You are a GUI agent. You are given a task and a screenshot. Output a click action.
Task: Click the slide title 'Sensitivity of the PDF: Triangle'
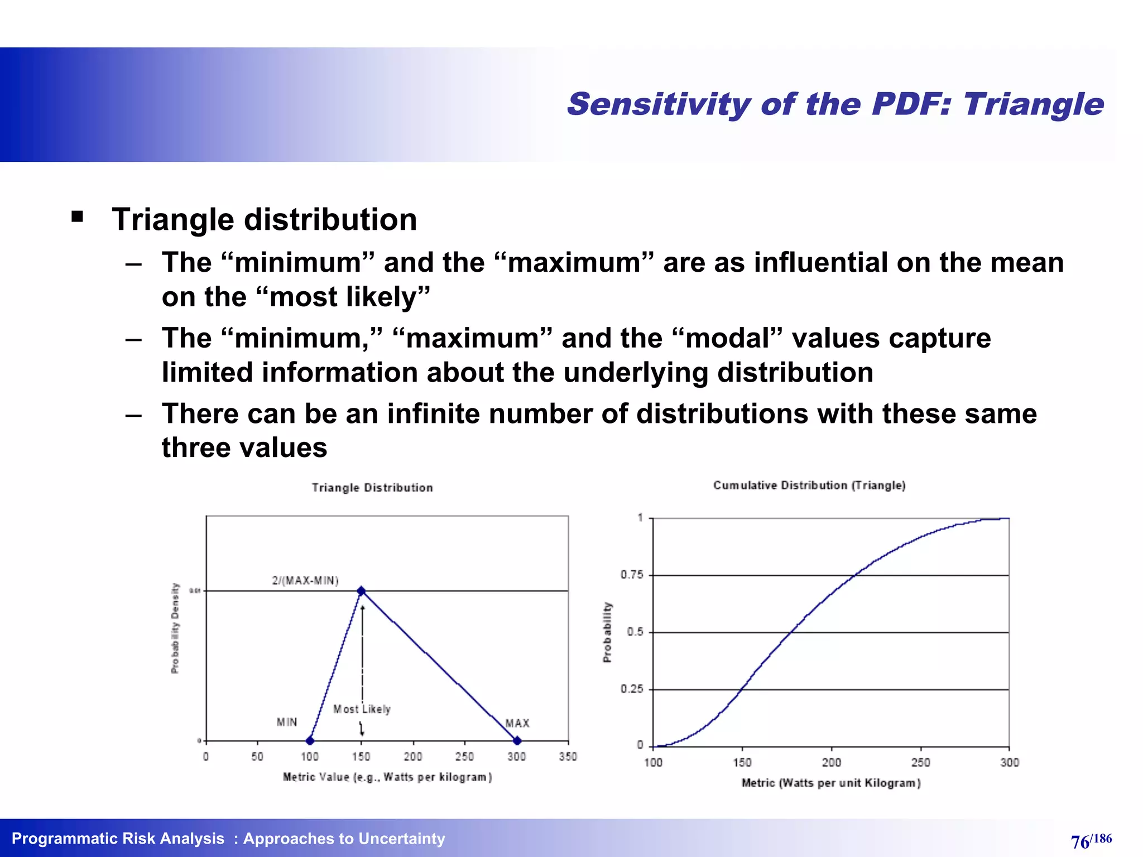pyautogui.click(x=835, y=104)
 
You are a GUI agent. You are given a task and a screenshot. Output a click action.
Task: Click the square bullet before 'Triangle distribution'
pyautogui.click(x=78, y=216)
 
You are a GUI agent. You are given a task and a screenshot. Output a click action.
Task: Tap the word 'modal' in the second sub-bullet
pyautogui.click(x=727, y=338)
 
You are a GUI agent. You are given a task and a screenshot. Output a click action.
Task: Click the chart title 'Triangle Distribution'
pyautogui.click(x=372, y=488)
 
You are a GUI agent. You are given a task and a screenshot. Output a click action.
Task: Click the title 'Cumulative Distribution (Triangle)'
pyautogui.click(x=809, y=485)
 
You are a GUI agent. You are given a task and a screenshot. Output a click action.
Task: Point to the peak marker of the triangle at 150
pyautogui.click(x=361, y=590)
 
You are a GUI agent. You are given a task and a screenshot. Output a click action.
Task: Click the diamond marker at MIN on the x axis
pyautogui.click(x=310, y=741)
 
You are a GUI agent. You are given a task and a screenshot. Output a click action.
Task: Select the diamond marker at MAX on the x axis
pyautogui.click(x=517, y=741)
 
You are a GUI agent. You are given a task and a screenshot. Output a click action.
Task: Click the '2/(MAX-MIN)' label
pyautogui.click(x=305, y=580)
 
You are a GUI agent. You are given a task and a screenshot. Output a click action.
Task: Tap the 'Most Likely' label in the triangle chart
pyautogui.click(x=362, y=709)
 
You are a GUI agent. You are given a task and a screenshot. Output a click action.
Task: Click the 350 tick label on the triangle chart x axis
pyautogui.click(x=568, y=757)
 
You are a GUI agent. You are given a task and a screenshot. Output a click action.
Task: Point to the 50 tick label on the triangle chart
pyautogui.click(x=257, y=757)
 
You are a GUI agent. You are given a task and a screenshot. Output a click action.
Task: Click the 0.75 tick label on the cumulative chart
pyautogui.click(x=632, y=575)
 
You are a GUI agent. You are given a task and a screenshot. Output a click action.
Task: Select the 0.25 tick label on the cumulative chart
pyautogui.click(x=632, y=689)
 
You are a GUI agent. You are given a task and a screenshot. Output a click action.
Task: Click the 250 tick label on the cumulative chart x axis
pyautogui.click(x=920, y=763)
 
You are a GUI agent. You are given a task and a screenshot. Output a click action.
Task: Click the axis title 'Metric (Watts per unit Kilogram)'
pyautogui.click(x=831, y=783)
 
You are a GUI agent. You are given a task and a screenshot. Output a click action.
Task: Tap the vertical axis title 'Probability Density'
pyautogui.click(x=175, y=628)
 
